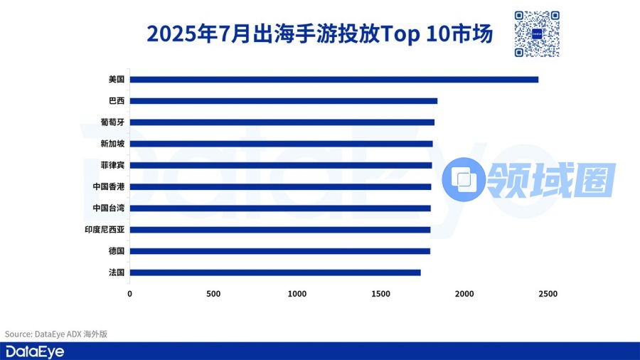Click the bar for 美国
334,79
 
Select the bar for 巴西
284,101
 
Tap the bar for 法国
275,272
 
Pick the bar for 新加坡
282,144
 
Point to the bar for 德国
280,251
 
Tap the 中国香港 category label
109,186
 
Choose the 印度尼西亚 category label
105,230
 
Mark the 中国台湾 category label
109,208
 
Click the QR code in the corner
536,33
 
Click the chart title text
319,34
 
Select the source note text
56,334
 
